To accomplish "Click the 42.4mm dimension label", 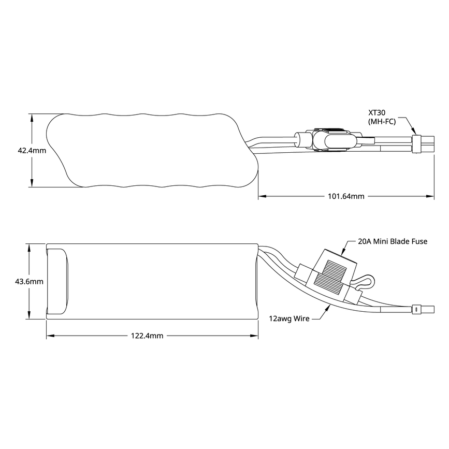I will [x=32, y=151].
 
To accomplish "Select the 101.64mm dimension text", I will [x=346, y=196].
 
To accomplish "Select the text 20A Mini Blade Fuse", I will [x=393, y=241].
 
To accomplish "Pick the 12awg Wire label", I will [x=289, y=318].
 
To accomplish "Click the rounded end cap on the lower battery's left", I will [x=57, y=281].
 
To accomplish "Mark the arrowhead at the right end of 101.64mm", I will [x=431, y=196].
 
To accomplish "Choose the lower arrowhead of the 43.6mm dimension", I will [x=29, y=315].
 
